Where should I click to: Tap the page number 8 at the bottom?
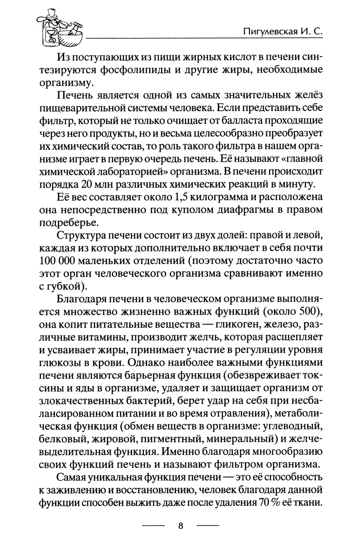[181, 526]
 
